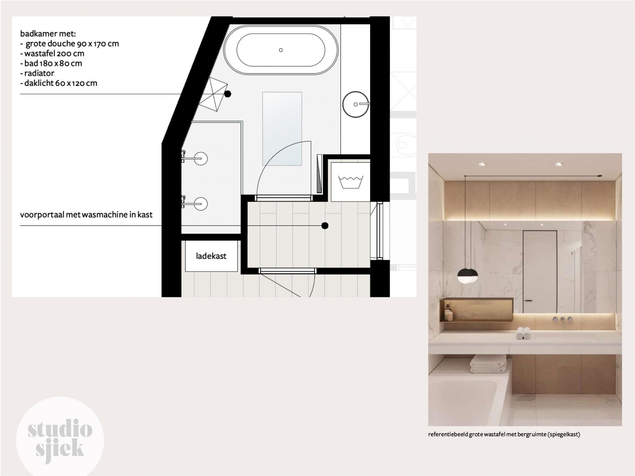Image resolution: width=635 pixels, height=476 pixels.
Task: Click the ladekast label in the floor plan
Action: pyautogui.click(x=211, y=256)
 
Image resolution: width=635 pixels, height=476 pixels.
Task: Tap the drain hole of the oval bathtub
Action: pyautogui.click(x=281, y=50)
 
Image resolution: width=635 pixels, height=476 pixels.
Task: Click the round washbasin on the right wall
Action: pyautogui.click(x=355, y=104)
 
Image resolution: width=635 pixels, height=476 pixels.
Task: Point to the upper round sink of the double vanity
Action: pyautogui.click(x=201, y=159)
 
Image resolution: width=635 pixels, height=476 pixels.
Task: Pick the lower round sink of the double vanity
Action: pyautogui.click(x=201, y=204)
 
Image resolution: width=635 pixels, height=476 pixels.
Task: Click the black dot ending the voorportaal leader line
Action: pyautogui.click(x=325, y=226)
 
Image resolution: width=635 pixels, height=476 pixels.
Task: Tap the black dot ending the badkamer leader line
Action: pyautogui.click(x=228, y=94)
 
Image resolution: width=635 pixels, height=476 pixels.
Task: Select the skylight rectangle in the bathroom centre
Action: pyautogui.click(x=282, y=129)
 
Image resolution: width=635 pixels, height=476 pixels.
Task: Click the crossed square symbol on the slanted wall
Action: pyautogui.click(x=213, y=94)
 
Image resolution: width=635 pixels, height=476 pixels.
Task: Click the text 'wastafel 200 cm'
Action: pyautogui.click(x=54, y=53)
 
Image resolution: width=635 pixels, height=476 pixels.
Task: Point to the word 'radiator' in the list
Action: pyautogui.click(x=39, y=73)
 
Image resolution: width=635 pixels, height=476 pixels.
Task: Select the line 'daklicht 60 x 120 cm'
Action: pyautogui.click(x=61, y=83)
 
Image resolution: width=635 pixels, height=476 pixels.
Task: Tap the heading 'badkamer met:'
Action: pyautogui.click(x=48, y=33)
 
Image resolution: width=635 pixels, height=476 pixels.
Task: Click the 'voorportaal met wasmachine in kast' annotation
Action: pyautogui.click(x=86, y=214)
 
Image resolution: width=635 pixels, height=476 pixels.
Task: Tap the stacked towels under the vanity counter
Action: pyautogui.click(x=488, y=364)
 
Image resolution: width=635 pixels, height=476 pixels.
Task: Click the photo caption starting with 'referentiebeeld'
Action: pyautogui.click(x=504, y=434)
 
